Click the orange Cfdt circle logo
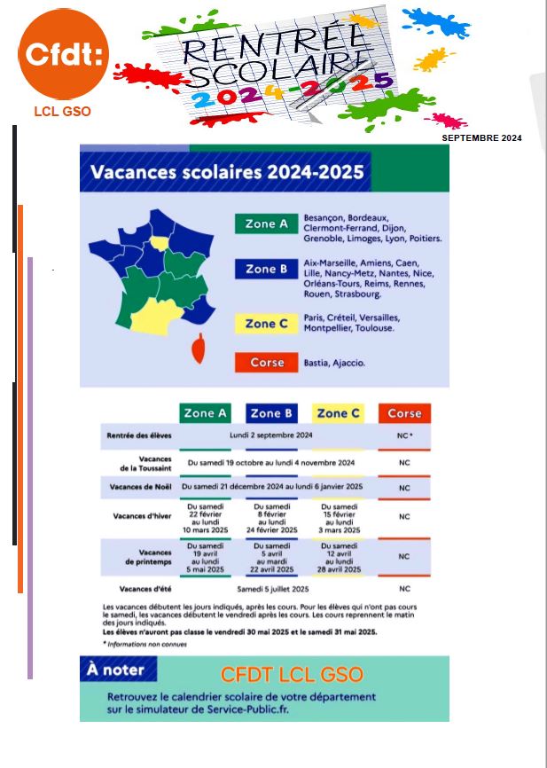(x=63, y=58)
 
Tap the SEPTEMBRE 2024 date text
(x=481, y=138)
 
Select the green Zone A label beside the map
(x=266, y=224)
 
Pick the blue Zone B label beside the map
(x=266, y=269)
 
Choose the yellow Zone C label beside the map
(x=266, y=324)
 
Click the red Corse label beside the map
(x=266, y=362)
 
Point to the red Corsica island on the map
(x=199, y=349)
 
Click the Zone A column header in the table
(x=205, y=413)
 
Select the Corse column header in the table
(x=404, y=413)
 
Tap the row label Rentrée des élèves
(x=139, y=436)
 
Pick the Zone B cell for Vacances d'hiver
(x=271, y=517)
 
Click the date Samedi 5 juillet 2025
(x=272, y=589)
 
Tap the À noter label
(x=115, y=670)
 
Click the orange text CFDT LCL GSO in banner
(x=292, y=675)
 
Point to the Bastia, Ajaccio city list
(x=334, y=363)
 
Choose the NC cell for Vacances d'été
(x=404, y=589)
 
